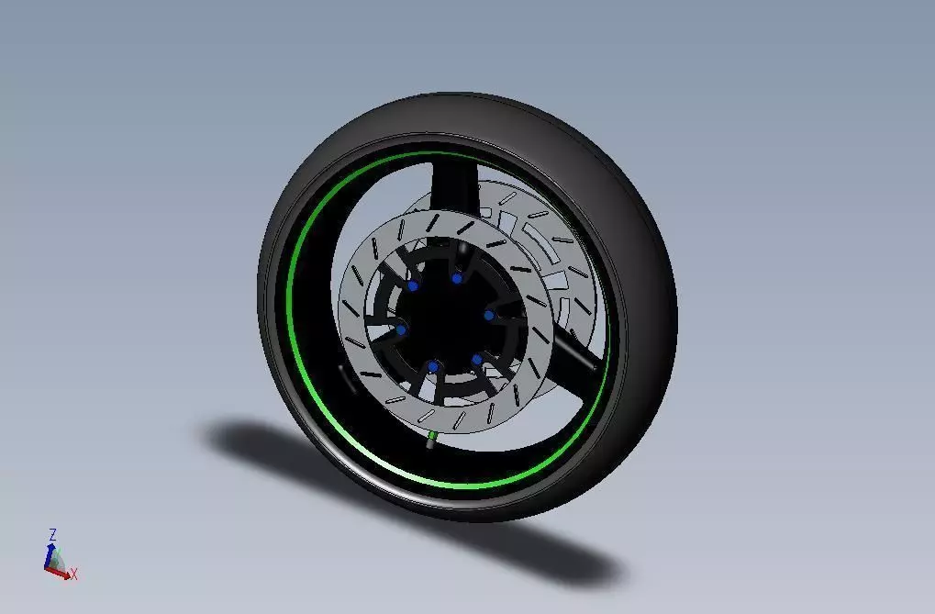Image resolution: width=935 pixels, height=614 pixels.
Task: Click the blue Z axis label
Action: coord(53,533)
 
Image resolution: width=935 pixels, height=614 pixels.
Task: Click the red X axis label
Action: coord(74,575)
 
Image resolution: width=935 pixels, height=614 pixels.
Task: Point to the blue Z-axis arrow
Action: coord(50,553)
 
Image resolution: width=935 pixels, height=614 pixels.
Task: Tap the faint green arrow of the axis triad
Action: coord(57,558)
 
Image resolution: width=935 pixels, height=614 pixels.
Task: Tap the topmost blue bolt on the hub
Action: coord(456,278)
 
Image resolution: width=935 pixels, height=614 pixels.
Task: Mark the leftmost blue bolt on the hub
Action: coord(401,330)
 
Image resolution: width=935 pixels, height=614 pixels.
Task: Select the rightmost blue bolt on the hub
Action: coord(490,316)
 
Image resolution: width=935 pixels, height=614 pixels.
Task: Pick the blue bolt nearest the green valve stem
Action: coord(433,367)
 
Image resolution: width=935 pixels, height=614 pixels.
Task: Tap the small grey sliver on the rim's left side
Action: coord(343,377)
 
